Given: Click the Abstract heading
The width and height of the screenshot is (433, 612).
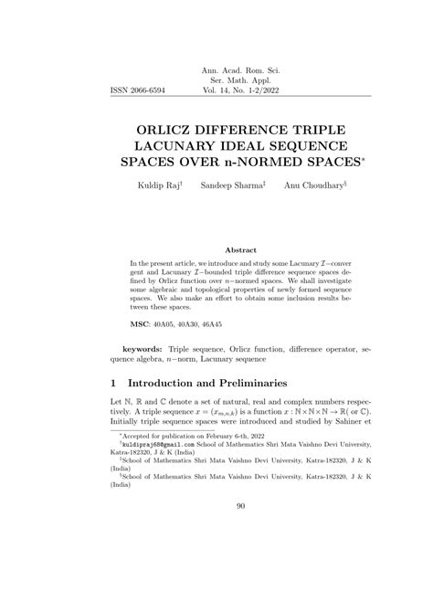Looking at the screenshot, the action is click(x=241, y=248).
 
